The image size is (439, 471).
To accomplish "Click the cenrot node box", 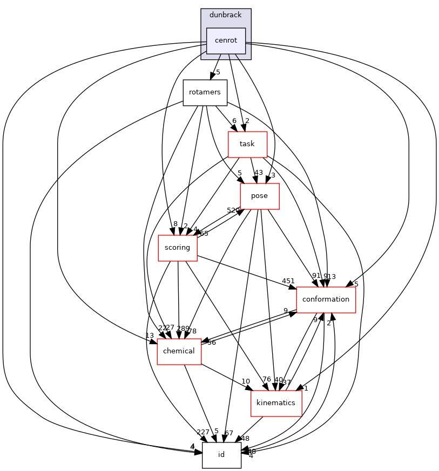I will pyautogui.click(x=226, y=40).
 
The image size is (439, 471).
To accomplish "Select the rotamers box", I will pyautogui.click(x=205, y=92).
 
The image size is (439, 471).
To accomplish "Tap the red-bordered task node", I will pyautogui.click(x=247, y=144).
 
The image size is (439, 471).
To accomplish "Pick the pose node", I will pyautogui.click(x=259, y=196).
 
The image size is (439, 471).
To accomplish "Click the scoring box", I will pyautogui.click(x=177, y=248).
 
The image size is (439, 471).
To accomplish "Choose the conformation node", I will pyautogui.click(x=326, y=299).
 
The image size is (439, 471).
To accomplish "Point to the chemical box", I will pyautogui.click(x=179, y=351).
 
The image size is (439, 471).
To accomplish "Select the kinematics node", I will pyautogui.click(x=276, y=403).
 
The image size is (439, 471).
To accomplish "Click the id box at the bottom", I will pyautogui.click(x=221, y=455).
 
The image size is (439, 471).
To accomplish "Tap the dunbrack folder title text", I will pyautogui.click(x=226, y=15).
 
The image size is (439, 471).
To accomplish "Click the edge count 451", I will pyautogui.click(x=288, y=281).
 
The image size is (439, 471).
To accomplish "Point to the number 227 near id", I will pyautogui.click(x=203, y=432).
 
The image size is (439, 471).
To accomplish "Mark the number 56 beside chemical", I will pyautogui.click(x=212, y=343).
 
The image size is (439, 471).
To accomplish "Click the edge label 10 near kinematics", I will pyautogui.click(x=246, y=381).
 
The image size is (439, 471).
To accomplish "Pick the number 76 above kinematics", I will pyautogui.click(x=266, y=380).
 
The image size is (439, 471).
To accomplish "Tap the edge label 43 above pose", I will pyautogui.click(x=259, y=173).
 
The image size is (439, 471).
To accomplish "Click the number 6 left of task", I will pyautogui.click(x=234, y=121).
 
